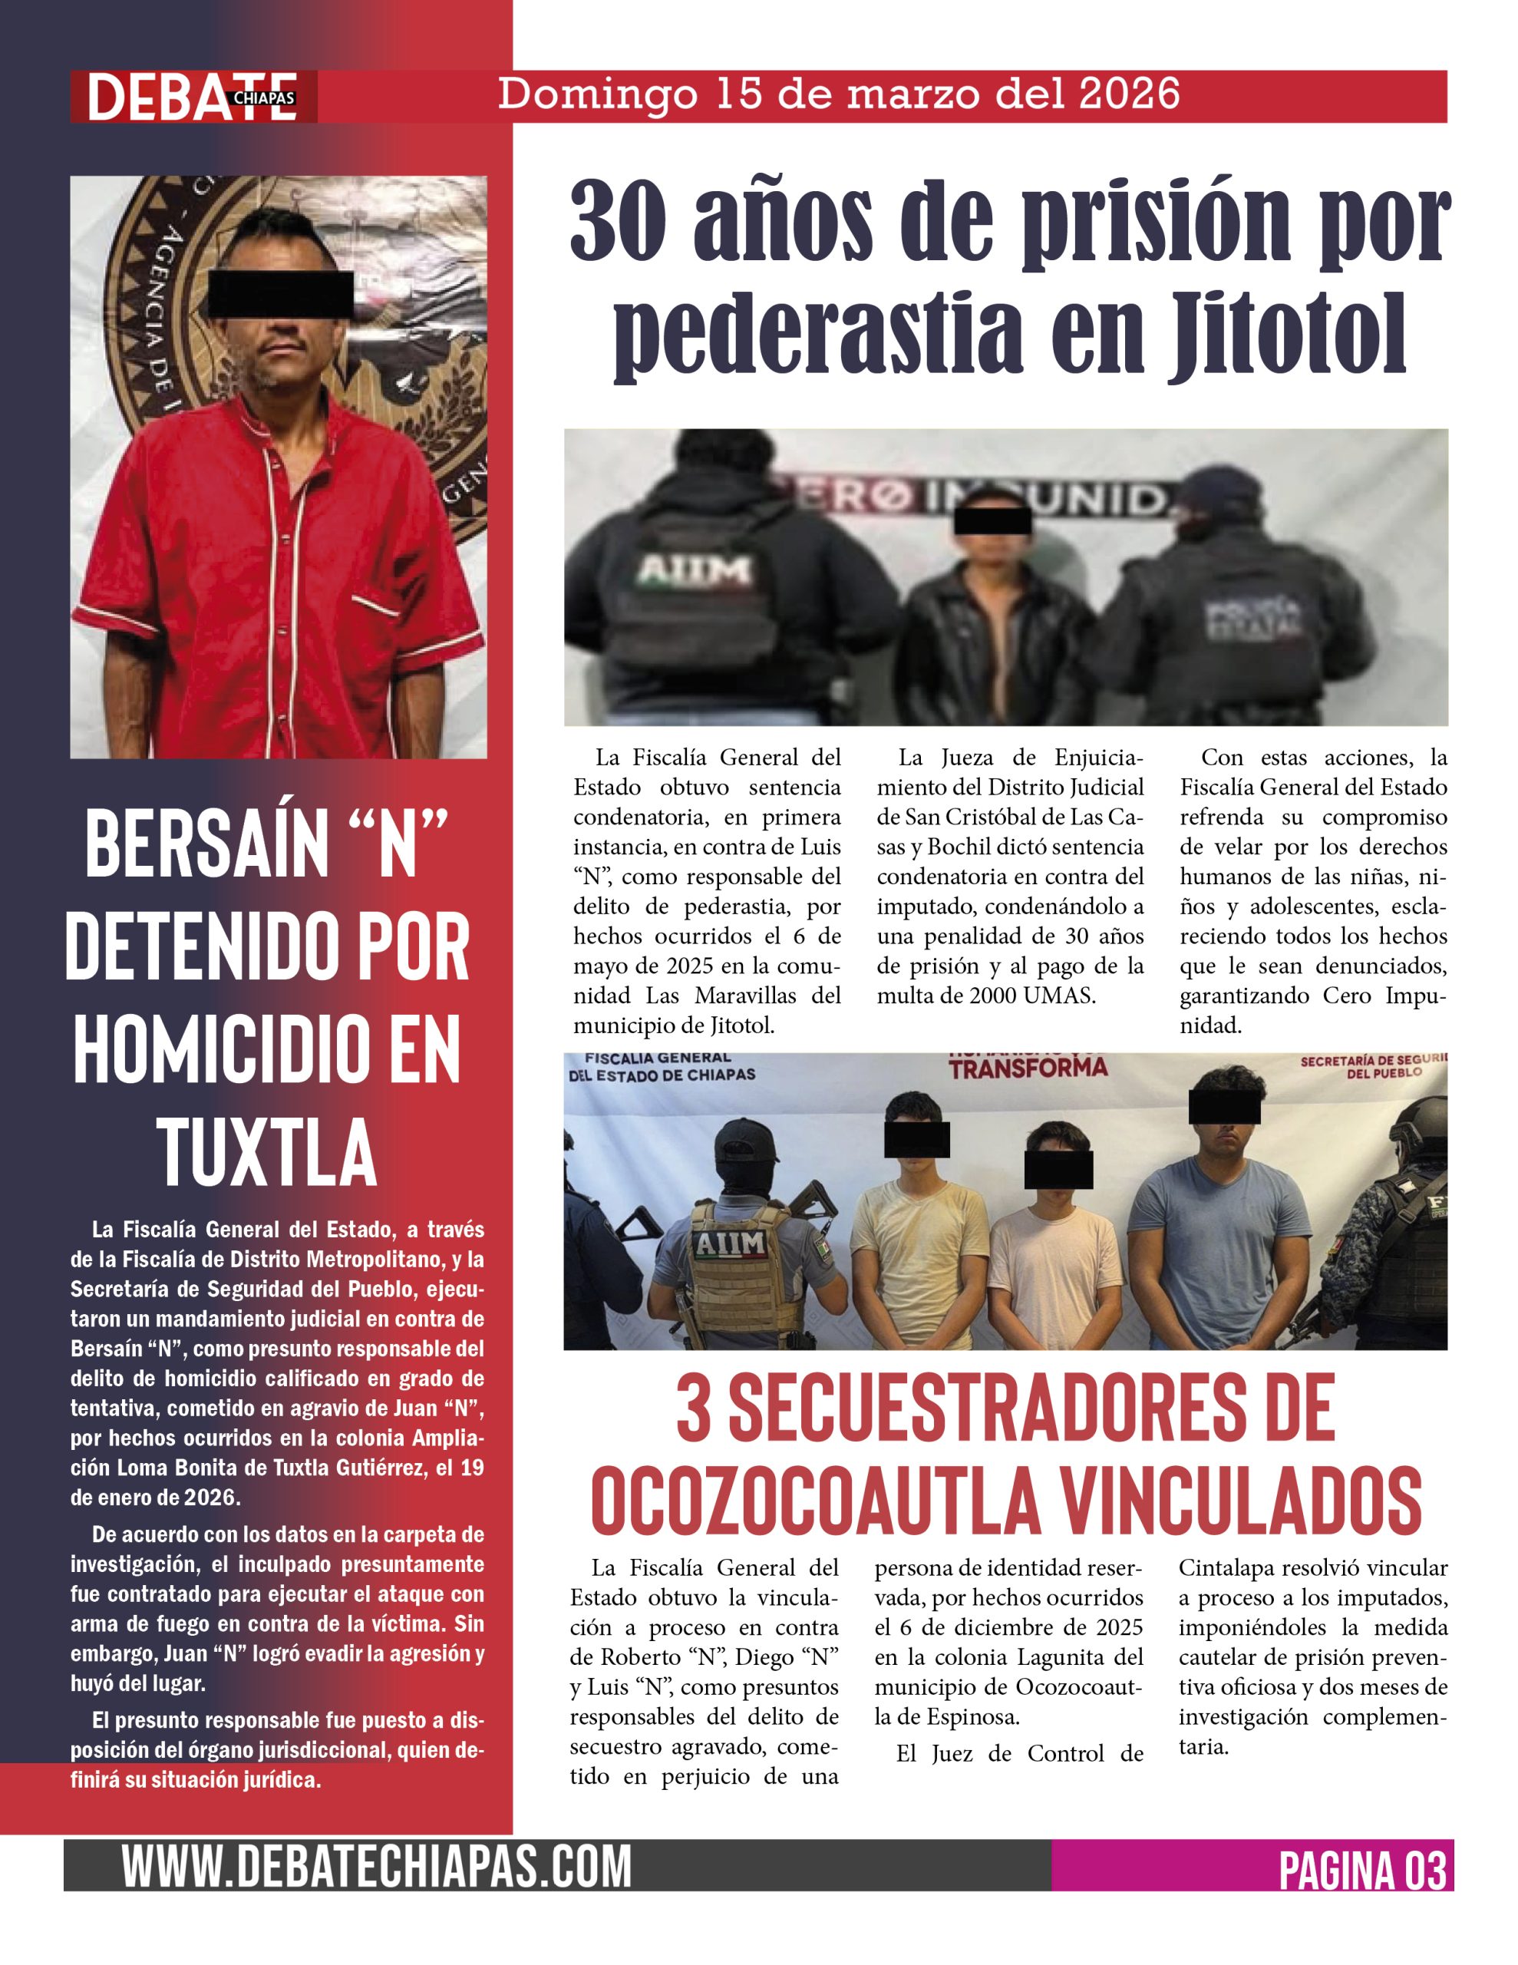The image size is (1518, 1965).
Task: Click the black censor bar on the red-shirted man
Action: [x=280, y=292]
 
